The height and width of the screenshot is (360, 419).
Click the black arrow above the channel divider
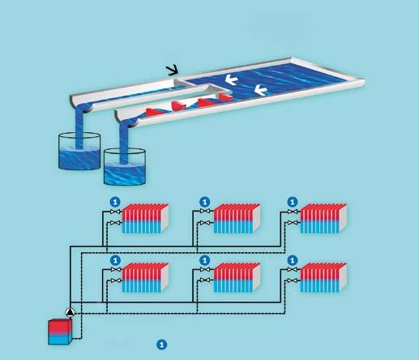coord(173,70)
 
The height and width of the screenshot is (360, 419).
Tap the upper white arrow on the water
coord(231,79)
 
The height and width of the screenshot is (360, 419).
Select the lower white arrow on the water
coord(261,90)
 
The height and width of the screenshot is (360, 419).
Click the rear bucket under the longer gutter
coord(79,151)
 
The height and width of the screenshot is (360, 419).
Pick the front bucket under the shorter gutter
coord(125,166)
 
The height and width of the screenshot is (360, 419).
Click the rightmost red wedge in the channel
coord(225,97)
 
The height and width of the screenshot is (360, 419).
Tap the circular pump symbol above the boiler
coord(71,312)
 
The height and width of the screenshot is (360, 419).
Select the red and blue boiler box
coord(60,332)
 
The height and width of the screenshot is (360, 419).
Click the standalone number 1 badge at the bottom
coord(162,345)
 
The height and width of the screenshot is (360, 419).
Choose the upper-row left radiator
coord(145,219)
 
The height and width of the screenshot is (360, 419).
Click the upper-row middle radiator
coord(237,219)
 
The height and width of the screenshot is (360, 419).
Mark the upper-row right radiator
coord(323,219)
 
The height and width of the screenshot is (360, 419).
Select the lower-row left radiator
coord(145,277)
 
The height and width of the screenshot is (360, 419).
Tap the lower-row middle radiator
coord(237,277)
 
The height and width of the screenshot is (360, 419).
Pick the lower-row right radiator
coord(323,277)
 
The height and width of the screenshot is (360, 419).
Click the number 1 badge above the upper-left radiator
coord(115,202)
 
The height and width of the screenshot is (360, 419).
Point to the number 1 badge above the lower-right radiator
coord(292,260)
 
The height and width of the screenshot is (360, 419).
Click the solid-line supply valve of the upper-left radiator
coord(116,212)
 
